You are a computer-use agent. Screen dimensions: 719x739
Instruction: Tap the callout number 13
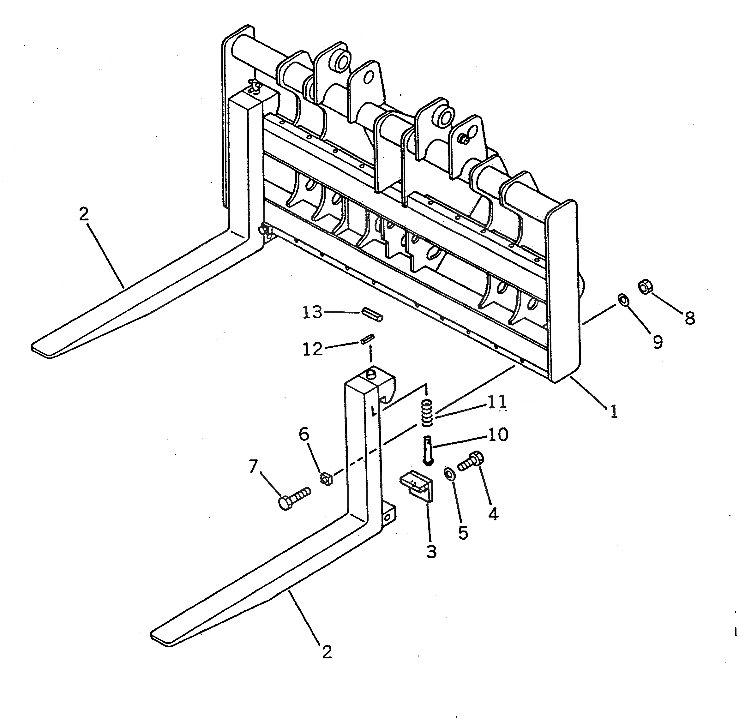312,312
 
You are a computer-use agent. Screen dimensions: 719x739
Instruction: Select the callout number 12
313,349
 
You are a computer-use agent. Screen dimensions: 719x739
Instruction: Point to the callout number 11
496,401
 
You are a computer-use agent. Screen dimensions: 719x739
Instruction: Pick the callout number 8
689,318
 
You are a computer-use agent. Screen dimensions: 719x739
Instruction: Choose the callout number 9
658,342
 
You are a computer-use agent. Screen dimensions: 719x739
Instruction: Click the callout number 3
431,551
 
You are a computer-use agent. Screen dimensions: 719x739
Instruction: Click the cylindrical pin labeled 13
372,314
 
